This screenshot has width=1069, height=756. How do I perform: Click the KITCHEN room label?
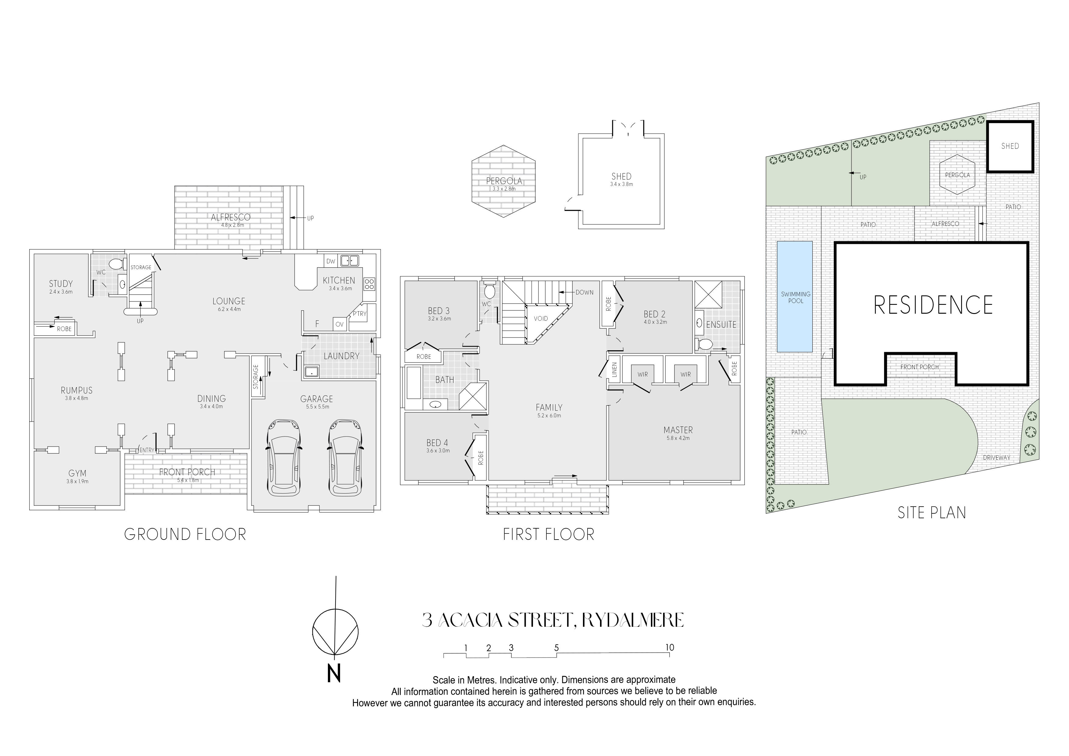coord(339,280)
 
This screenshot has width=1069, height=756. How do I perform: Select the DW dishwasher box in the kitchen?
coord(331,261)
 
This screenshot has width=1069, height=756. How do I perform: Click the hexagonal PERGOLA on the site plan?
coord(957,175)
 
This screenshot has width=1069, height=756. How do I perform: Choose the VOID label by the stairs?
coord(541,319)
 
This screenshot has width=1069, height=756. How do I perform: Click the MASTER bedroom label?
coord(678,430)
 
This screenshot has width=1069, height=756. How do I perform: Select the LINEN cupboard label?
coord(614,369)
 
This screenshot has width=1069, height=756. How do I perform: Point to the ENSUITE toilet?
coord(705,344)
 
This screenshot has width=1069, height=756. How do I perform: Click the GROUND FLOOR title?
coord(185,534)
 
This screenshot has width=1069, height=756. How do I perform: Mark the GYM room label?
coord(77,473)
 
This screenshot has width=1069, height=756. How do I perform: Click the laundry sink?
coord(311,372)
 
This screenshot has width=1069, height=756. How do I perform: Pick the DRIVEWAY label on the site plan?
coord(996,458)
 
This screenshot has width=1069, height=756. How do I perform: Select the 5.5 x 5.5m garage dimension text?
coord(317,407)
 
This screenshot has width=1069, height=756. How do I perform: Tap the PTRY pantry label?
coord(360,313)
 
